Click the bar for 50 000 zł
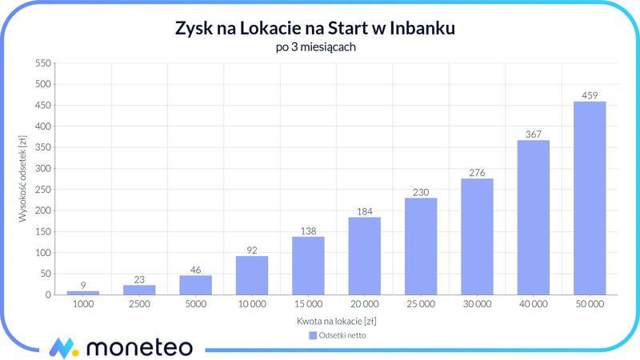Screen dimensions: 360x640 (590, 198)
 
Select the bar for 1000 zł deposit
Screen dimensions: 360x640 (83, 292)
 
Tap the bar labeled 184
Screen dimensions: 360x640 (364, 256)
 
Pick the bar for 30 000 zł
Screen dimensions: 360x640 (477, 237)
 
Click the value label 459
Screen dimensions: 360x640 (590, 95)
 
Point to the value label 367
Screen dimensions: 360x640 (534, 134)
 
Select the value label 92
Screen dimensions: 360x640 (252, 250)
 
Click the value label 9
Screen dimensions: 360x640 (83, 285)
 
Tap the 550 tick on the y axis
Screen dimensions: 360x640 (42, 63)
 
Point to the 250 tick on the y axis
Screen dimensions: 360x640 (42, 190)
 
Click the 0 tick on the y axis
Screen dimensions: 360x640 (48, 295)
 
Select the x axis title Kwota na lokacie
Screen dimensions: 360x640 (336, 321)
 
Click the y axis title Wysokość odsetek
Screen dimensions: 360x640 (24, 178)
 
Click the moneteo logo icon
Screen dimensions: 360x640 (63, 347)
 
